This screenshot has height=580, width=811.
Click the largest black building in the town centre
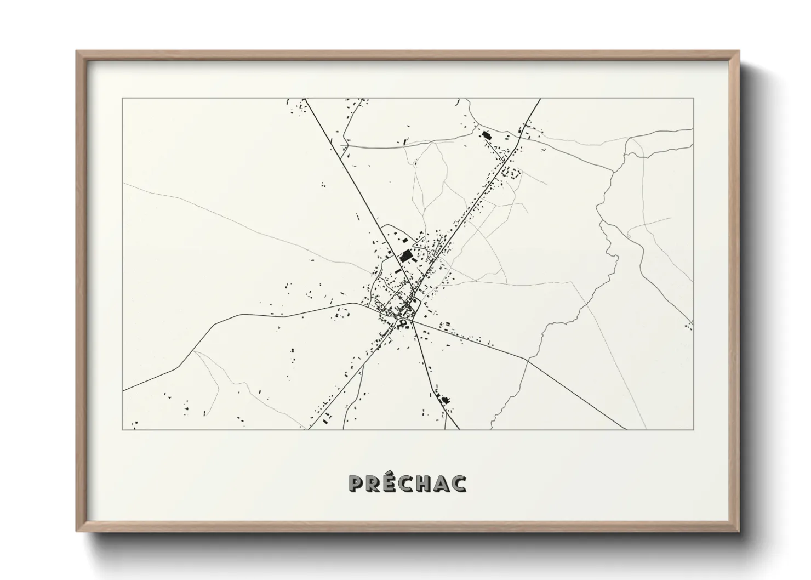pos(406,255)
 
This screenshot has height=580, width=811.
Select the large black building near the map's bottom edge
pos(445,400)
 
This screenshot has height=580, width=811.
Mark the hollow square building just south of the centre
pos(404,323)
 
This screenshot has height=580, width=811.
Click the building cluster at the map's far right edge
pos(689,325)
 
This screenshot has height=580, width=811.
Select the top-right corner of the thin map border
pos(693,99)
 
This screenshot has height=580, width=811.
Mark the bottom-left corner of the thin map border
pos(123,429)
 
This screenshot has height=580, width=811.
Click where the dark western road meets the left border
pos(123,391)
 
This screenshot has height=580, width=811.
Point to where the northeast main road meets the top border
pos(540,99)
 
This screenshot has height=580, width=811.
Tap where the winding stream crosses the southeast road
pos(527,360)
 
